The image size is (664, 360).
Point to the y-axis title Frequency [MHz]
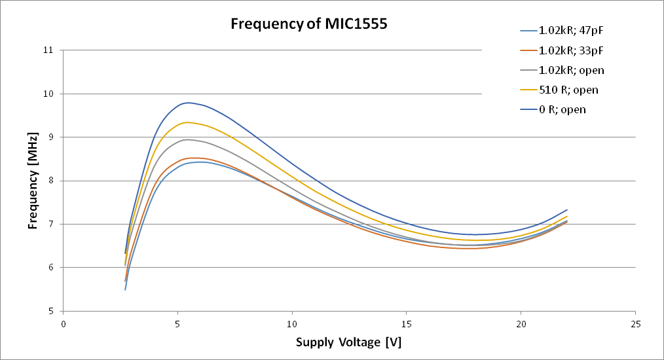(33, 180)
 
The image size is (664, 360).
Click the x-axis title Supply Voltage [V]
(349, 342)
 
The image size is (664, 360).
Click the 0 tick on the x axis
(64, 323)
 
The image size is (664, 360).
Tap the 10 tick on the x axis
(292, 323)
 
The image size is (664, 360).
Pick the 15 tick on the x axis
(407, 323)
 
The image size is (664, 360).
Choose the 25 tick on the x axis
(635, 323)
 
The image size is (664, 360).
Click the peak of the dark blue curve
(188, 103)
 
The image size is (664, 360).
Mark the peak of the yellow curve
(187, 122)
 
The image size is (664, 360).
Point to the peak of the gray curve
(187, 139)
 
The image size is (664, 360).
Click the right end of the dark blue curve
(567, 210)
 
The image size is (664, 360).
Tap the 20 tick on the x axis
(521, 323)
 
